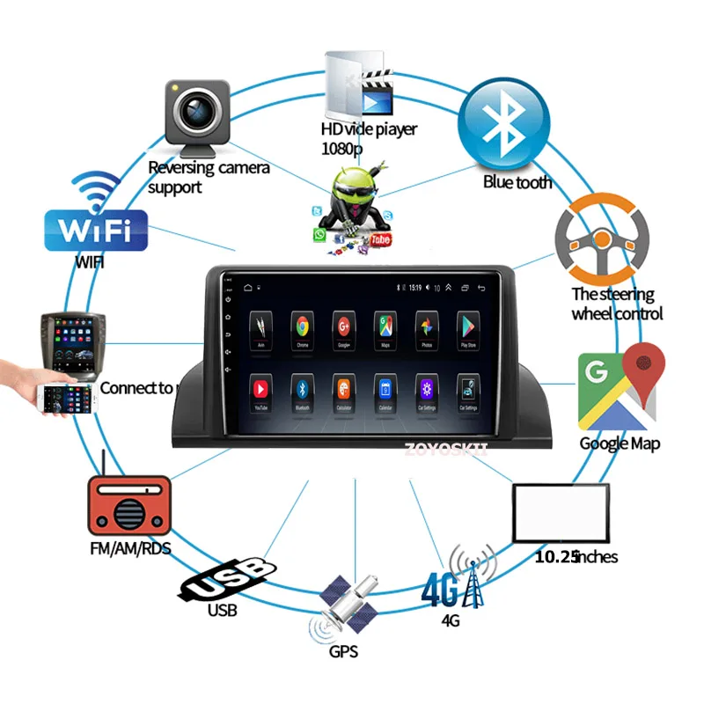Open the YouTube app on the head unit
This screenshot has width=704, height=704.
coord(261,388)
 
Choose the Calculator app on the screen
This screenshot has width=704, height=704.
coord(343,388)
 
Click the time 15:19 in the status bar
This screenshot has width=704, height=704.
coord(414,287)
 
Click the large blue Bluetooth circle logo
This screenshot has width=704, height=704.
coord(505,124)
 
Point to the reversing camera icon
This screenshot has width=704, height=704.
coord(197,117)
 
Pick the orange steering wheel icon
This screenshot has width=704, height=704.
coord(602,236)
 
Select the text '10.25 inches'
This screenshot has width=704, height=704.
coord(576,556)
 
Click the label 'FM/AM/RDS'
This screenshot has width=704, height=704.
coord(129,549)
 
